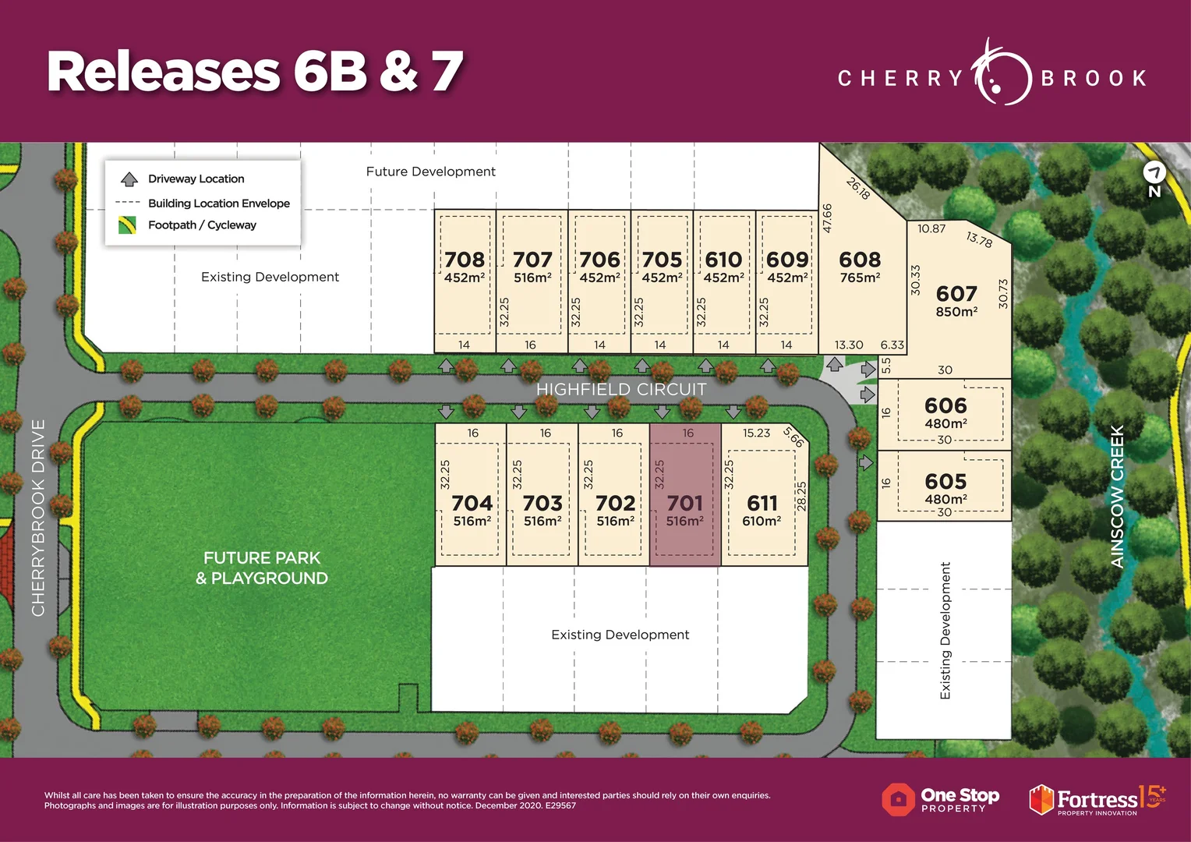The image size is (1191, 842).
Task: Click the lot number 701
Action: click(684, 503)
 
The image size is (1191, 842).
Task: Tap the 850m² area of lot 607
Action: click(956, 312)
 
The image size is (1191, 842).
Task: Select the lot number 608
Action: click(860, 260)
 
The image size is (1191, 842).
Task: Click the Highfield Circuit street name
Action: click(621, 389)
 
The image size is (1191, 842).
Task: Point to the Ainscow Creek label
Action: click(1117, 497)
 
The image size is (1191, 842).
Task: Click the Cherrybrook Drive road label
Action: click(38, 518)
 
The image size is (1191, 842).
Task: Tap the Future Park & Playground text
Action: click(262, 568)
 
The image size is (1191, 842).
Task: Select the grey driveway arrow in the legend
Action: click(129, 179)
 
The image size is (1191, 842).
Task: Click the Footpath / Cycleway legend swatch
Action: click(128, 225)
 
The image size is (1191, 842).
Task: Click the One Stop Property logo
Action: click(941, 799)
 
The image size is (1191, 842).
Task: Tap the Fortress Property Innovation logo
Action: click(1096, 800)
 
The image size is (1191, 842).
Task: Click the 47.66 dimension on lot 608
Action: click(827, 218)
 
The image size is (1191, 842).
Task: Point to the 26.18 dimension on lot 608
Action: click(858, 188)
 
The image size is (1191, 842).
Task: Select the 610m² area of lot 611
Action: click(762, 522)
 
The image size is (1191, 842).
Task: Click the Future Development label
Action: click(430, 172)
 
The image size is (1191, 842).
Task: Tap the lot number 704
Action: click(472, 503)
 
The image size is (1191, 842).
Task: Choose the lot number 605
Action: click(945, 481)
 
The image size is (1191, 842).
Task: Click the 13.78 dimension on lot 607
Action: click(979, 239)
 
